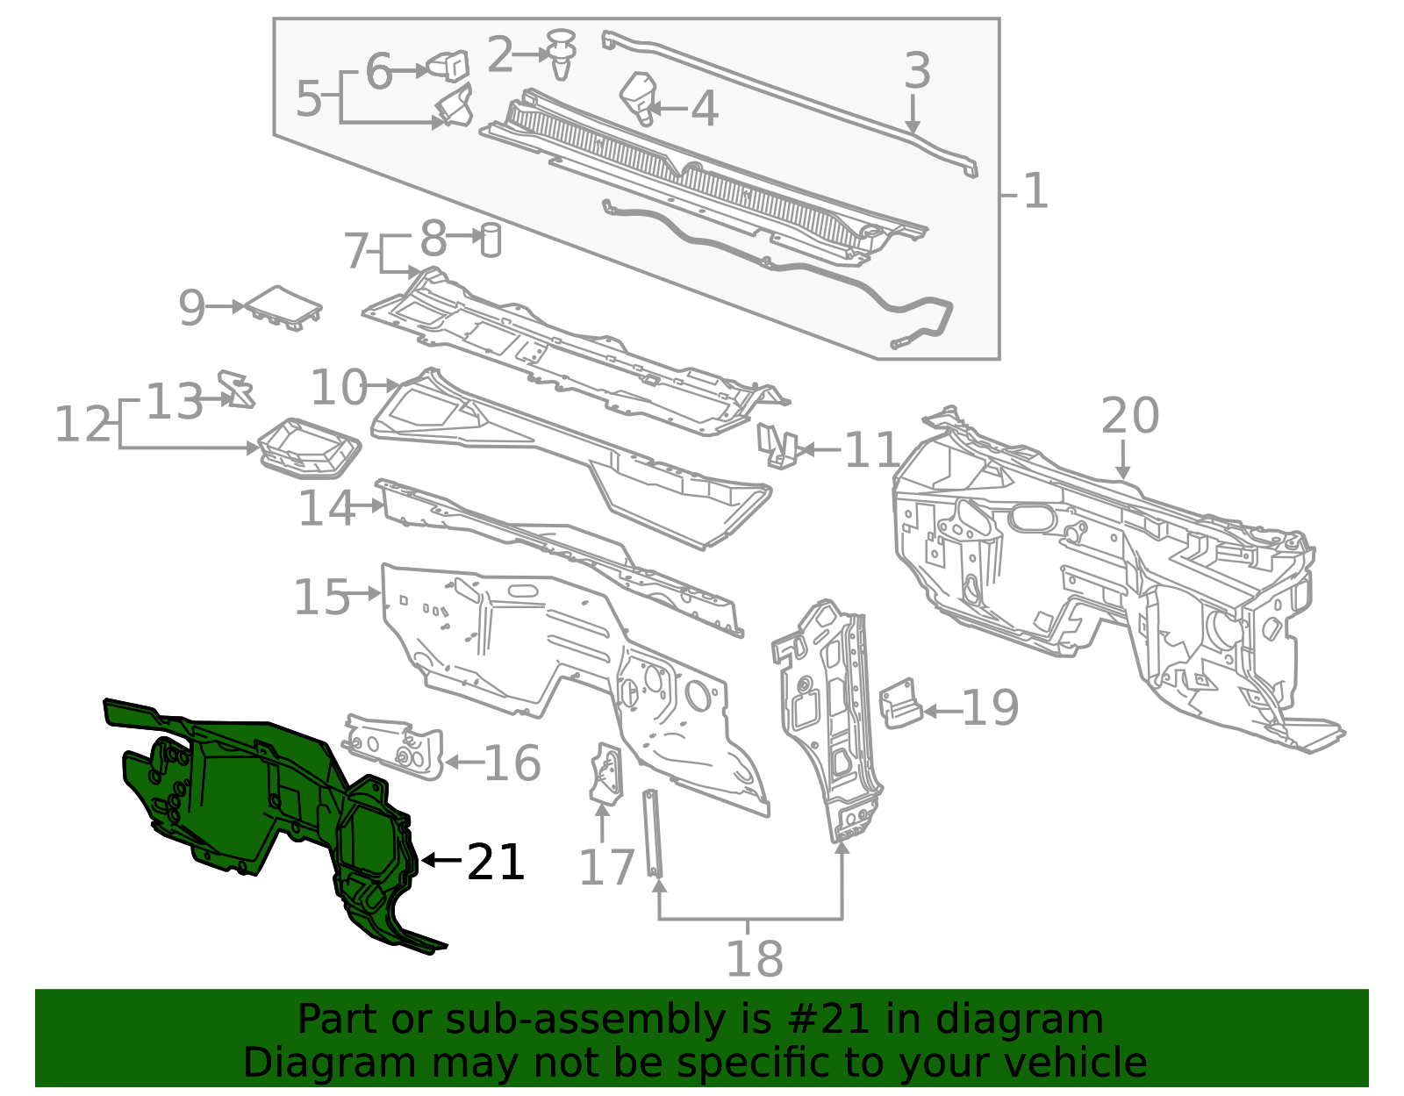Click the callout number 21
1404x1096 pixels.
[495, 862]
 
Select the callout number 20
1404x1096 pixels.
[1129, 415]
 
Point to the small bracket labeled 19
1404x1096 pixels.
[900, 704]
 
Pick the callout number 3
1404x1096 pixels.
[918, 70]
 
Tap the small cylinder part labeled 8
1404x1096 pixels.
[491, 240]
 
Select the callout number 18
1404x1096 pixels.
[755, 959]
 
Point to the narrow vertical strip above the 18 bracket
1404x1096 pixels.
[653, 833]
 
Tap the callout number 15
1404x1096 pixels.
[322, 597]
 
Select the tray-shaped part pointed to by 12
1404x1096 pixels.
[309, 448]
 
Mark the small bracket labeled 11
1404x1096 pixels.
[778, 446]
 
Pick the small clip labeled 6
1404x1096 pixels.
[448, 67]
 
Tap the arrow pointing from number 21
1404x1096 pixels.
[441, 860]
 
